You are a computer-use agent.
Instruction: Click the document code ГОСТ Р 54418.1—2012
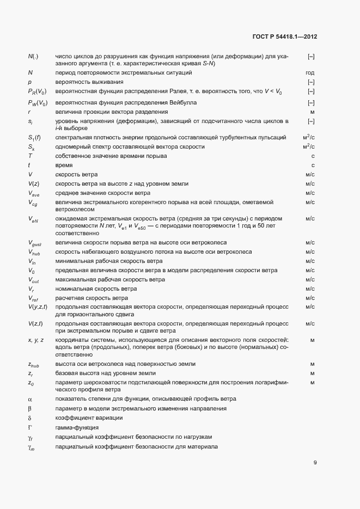(285, 37)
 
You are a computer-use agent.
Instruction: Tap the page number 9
(315, 463)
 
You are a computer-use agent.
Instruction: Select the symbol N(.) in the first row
(33, 57)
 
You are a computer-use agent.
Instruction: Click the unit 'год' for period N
(310, 72)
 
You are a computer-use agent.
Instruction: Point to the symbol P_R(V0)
(37, 91)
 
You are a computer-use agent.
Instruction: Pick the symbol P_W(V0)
(37, 102)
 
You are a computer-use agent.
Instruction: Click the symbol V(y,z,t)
(38, 307)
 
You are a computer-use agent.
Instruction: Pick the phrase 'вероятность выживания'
(85, 82)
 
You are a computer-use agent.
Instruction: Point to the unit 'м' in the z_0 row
(313, 382)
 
